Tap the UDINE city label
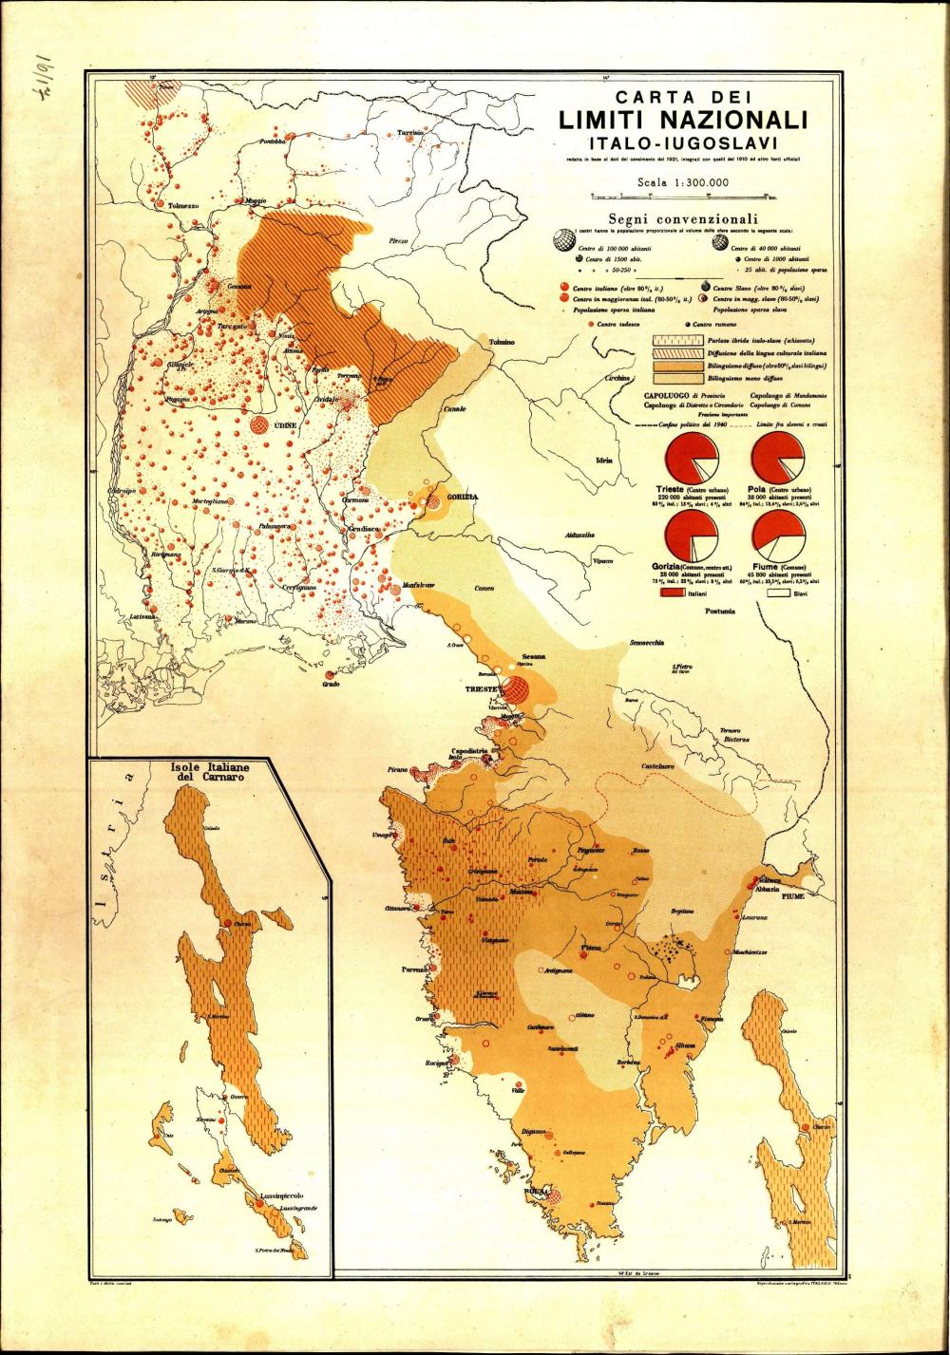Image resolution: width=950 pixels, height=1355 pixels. (x=285, y=426)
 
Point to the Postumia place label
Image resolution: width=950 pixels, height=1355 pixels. (x=720, y=611)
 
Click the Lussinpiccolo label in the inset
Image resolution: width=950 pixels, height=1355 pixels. (x=271, y=1196)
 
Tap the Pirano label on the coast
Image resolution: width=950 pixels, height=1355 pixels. (x=397, y=769)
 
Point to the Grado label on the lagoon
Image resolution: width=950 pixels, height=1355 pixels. (x=332, y=684)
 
